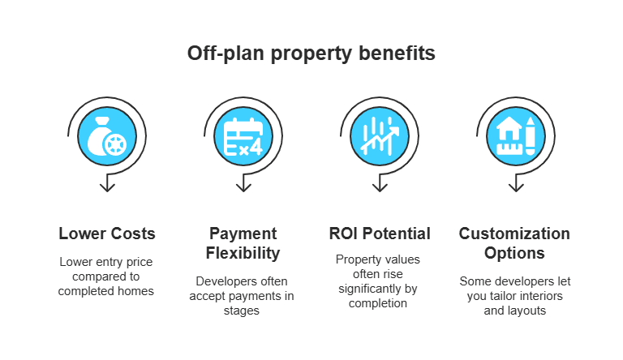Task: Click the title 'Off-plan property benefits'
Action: tap(311, 54)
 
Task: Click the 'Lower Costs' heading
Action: tap(106, 234)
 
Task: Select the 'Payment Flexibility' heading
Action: tap(243, 243)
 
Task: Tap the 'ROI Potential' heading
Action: tap(380, 234)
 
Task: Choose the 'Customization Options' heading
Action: tap(515, 243)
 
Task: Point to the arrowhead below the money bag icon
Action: tap(106, 186)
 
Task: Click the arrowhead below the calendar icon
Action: tap(243, 186)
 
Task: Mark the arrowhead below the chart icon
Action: tap(380, 186)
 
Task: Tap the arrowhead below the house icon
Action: tap(515, 186)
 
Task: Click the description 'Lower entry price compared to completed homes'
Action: tap(106, 276)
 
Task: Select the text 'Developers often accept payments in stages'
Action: tap(243, 295)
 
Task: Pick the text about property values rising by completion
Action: tap(380, 281)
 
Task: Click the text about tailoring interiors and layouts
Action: tap(515, 295)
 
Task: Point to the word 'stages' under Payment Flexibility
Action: tap(243, 310)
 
